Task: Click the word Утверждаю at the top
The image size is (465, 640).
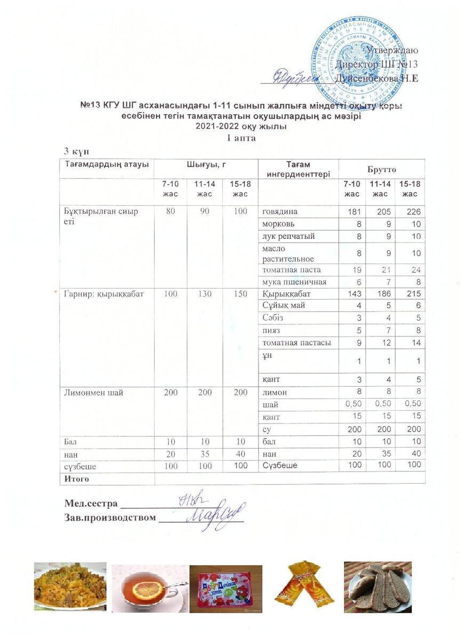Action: click(392, 50)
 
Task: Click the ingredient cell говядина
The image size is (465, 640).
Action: click(280, 212)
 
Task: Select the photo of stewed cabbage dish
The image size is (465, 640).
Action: click(70, 586)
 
